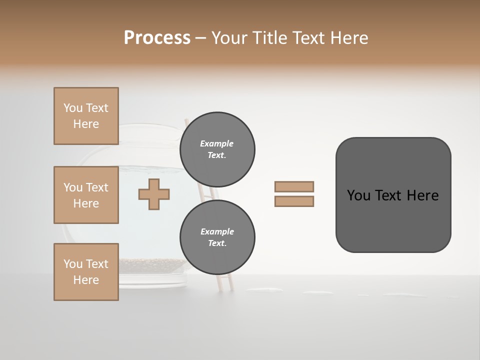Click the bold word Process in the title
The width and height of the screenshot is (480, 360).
[x=157, y=37]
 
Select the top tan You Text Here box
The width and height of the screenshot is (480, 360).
[x=86, y=116]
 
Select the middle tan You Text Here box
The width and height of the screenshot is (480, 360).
[x=86, y=195]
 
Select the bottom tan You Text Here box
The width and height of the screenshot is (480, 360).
[x=86, y=271]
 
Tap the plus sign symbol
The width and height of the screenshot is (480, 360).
[x=154, y=194]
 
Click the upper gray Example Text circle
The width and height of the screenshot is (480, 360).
[x=217, y=149]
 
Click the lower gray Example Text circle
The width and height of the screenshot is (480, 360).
[x=217, y=237]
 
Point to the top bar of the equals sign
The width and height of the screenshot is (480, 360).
[x=294, y=186]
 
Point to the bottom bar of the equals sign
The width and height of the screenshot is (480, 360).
[x=294, y=201]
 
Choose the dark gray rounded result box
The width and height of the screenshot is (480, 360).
[x=393, y=220]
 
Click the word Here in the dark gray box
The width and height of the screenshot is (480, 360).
[x=422, y=195]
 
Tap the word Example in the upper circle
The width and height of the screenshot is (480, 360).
[x=217, y=143]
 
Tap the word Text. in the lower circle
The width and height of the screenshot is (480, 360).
[x=217, y=243]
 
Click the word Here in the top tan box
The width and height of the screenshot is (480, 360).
[x=86, y=124]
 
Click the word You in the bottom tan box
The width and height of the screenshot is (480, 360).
[x=73, y=263]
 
